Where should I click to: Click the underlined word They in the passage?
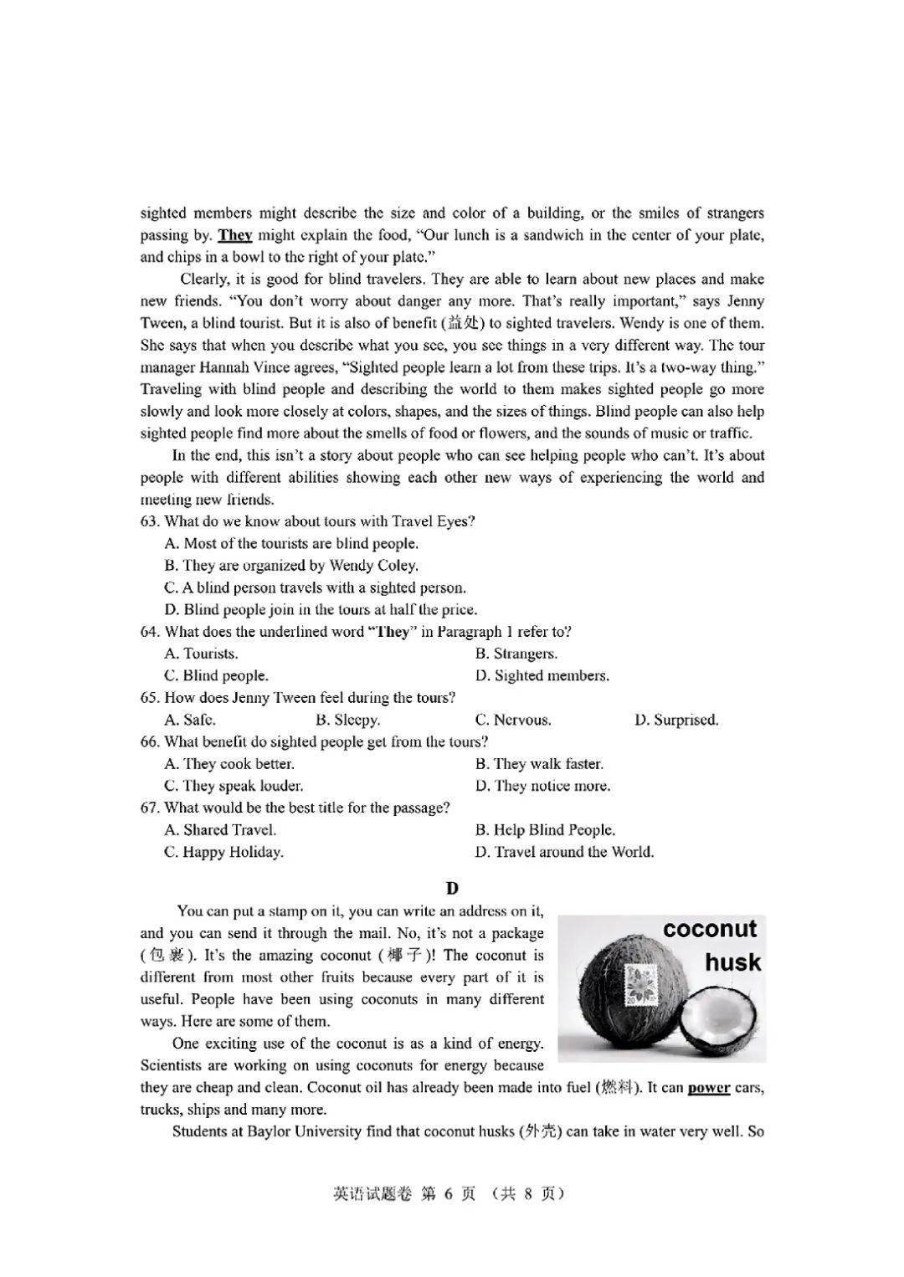(235, 235)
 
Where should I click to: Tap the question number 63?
(150, 521)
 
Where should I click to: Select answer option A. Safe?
(190, 720)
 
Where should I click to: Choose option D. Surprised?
(676, 720)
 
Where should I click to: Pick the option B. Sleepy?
(347, 720)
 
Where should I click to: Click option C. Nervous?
(513, 720)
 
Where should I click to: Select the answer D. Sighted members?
(542, 675)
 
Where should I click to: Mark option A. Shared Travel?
(221, 830)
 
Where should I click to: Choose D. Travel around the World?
(565, 852)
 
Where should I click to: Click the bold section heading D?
(452, 888)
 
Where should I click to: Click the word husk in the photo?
(733, 962)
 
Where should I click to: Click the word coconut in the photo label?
(710, 929)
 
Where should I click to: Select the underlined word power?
(709, 1088)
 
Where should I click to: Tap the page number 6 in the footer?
(448, 1194)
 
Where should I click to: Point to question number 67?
(150, 808)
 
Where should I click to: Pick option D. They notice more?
(543, 786)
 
